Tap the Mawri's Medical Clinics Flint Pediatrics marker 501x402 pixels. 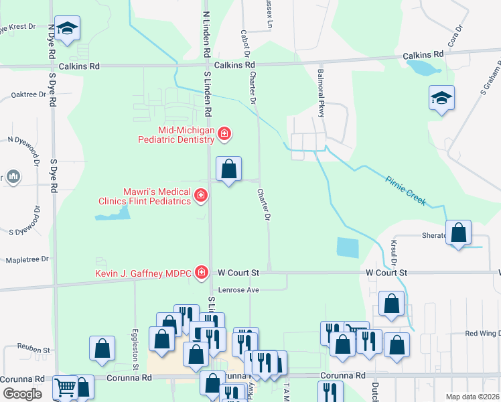(x=200, y=195)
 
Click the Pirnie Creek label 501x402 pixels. (x=406, y=190)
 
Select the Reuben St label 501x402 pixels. (x=33, y=350)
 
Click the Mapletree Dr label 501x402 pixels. (x=27, y=259)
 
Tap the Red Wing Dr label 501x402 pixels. (x=482, y=333)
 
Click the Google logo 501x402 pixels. (x=21, y=394)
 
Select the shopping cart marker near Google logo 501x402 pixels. (x=66, y=387)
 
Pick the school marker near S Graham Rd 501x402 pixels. (x=441, y=98)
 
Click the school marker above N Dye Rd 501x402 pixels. (x=66, y=28)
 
